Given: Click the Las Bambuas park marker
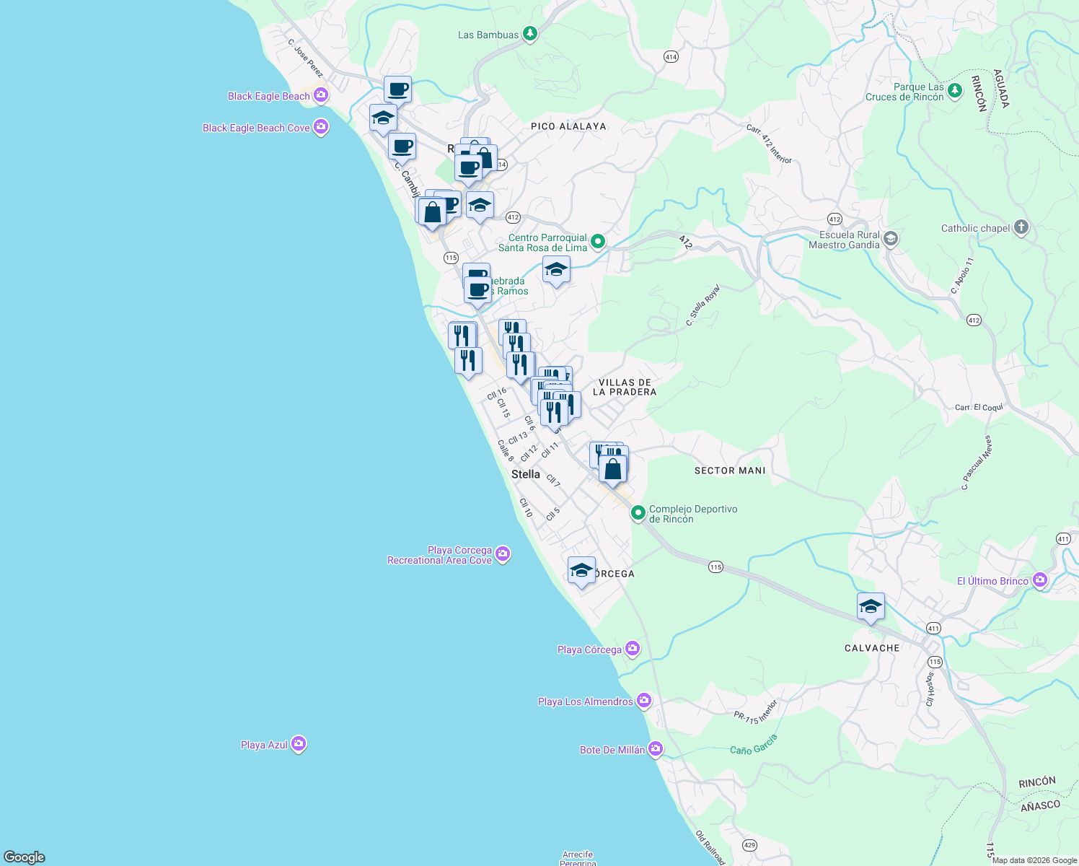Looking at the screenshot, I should [x=530, y=34].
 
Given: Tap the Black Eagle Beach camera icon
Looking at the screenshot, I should [x=321, y=95].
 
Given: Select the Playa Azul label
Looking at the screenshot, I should [x=264, y=745].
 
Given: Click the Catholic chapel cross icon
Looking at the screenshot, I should [x=1021, y=227].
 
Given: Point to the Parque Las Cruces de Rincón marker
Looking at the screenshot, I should [x=955, y=90].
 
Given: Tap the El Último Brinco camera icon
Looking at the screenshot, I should [x=1039, y=579].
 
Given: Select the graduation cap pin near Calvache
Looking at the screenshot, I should [x=871, y=607].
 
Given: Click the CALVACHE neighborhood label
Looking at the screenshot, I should [x=872, y=648].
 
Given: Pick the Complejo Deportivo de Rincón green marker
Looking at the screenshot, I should [x=638, y=513].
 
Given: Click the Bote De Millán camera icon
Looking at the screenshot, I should [x=655, y=749].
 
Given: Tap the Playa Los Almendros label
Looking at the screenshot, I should [x=585, y=701].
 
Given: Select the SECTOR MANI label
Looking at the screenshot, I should [x=730, y=471].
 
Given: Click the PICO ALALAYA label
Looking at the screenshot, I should [x=568, y=126].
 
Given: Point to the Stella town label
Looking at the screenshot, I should [x=525, y=474].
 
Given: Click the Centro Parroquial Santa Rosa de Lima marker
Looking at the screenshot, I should [x=597, y=241].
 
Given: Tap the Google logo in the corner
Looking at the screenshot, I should [x=25, y=857].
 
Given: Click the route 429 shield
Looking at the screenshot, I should [x=749, y=845].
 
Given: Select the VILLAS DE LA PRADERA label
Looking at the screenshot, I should [x=625, y=388].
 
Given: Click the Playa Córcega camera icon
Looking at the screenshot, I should [x=633, y=649].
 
